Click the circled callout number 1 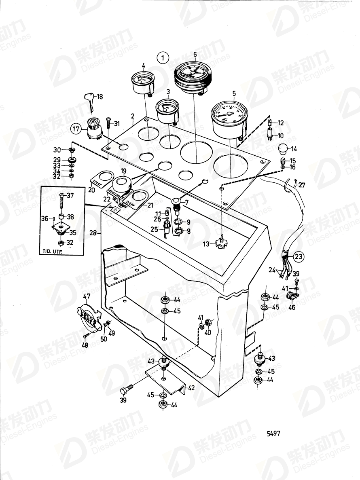click(x=163, y=58)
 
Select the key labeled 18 click(x=90, y=101)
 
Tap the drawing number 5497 click(x=273, y=433)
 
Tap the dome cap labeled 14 click(x=282, y=149)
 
